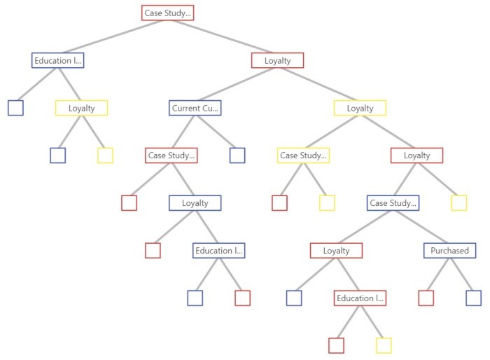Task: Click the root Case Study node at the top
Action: pos(167,13)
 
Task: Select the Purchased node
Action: pos(449,251)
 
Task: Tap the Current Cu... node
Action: pos(195,108)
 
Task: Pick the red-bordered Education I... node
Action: pos(360,298)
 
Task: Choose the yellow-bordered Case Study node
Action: pos(303,155)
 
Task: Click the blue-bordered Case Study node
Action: pos(393,203)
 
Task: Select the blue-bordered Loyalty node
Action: pos(195,203)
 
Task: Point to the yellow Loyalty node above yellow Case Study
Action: pos(360,108)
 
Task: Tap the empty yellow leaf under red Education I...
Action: pos(384,345)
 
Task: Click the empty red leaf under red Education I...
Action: pos(336,345)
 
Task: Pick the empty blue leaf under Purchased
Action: pos(473,298)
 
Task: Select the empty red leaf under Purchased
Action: pos(426,298)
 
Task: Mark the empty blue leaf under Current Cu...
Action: pos(237,155)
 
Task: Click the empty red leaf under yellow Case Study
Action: pos(279,203)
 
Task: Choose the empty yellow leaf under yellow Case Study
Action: pos(327,203)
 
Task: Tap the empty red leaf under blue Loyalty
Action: pos(153,251)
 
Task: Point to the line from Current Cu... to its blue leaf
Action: pos(216,132)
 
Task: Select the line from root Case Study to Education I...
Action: pos(113,36)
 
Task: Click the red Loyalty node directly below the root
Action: pos(277,60)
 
